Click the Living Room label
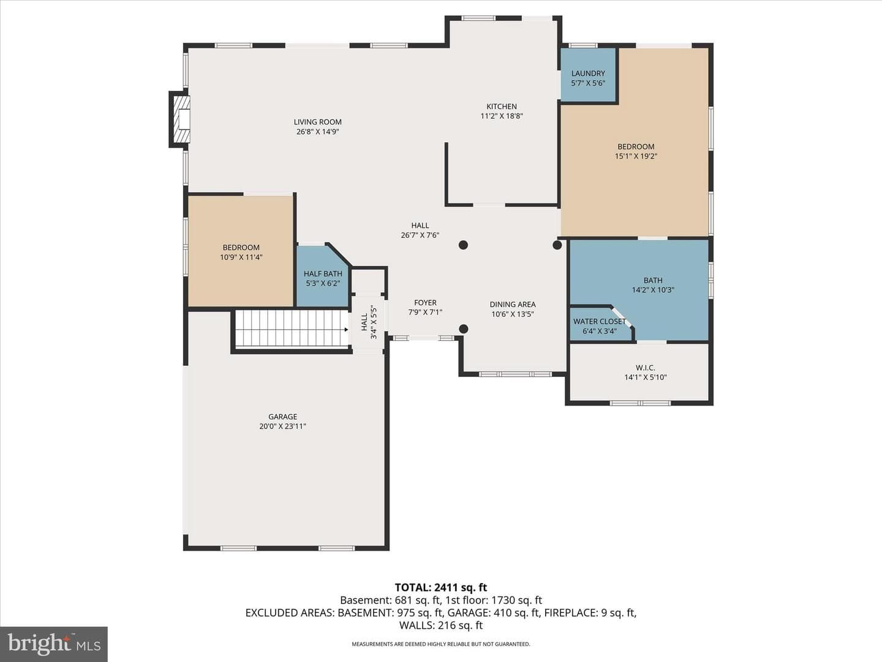pos(317,122)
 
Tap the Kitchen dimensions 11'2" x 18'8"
pos(502,116)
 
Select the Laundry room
pos(588,75)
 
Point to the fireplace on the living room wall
pos(179,120)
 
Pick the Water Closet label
pos(599,322)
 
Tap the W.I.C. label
pos(646,367)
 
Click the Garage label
pos(282,417)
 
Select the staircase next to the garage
pos(292,328)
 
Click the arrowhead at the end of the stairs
pos(347,330)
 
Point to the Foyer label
pos(425,303)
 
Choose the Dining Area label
pos(512,305)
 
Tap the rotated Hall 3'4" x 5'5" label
pos(369,322)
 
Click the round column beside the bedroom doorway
pos(557,245)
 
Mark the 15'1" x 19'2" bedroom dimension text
pos(636,156)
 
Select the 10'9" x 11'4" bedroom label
pos(241,253)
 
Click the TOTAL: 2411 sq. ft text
pos(441,588)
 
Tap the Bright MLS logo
pos(54,644)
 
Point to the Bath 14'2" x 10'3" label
pos(653,285)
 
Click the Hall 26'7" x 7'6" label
pos(420,230)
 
